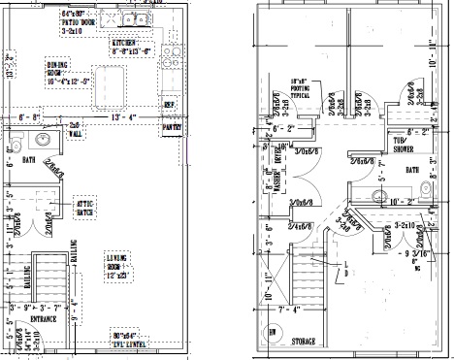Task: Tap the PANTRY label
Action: pyautogui.click(x=172, y=126)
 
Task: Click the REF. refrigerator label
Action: pyautogui.click(x=170, y=104)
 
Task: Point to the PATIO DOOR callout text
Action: pyautogui.click(x=82, y=21)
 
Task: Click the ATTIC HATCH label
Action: pyautogui.click(x=85, y=209)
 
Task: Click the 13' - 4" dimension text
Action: pyautogui.click(x=126, y=117)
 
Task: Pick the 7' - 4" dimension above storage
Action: pyautogui.click(x=291, y=311)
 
